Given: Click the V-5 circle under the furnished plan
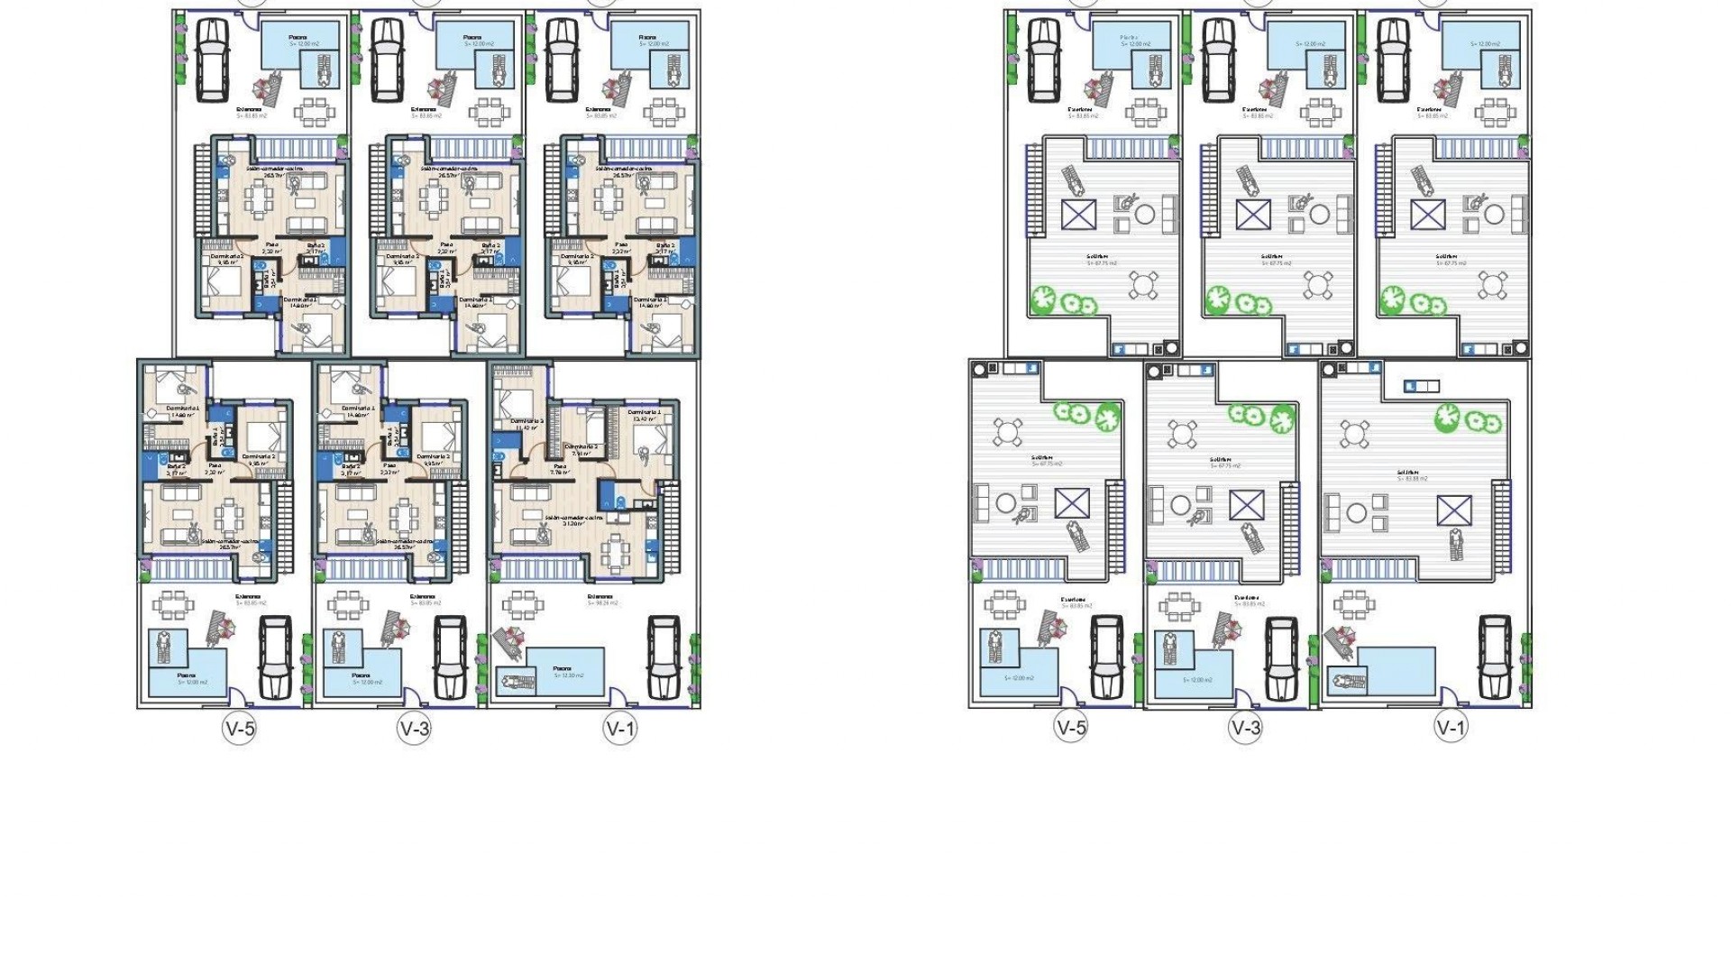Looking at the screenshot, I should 239,728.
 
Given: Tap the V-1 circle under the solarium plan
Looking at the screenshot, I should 1451,727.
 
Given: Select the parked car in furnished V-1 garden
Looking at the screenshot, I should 664,657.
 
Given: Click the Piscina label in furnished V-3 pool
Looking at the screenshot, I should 361,675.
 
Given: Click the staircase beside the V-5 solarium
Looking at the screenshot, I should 1114,527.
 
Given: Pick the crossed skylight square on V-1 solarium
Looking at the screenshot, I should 1453,510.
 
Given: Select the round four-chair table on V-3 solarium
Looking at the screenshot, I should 1183,434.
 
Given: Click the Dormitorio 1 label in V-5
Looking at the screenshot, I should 182,409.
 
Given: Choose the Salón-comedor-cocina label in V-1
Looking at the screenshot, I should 573,519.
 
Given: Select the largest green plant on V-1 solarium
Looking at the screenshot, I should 1447,416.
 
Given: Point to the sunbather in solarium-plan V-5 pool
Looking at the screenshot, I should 995,646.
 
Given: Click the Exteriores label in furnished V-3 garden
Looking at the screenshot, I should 422,596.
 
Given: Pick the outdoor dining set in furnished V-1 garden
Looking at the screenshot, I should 521,604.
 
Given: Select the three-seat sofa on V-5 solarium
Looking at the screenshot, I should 981,503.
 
